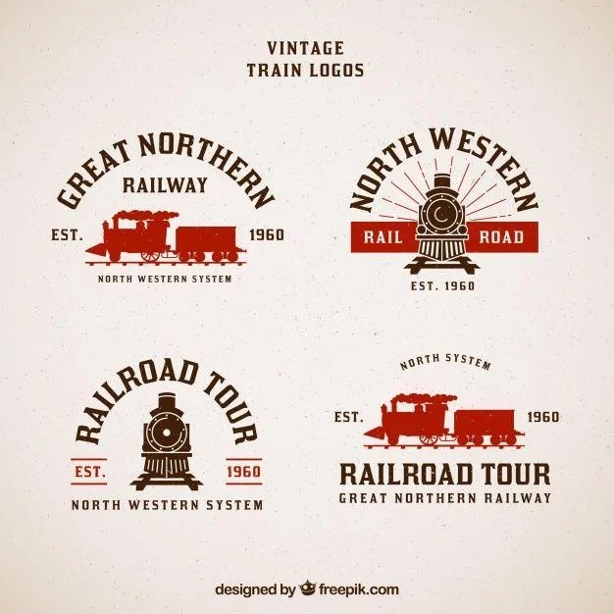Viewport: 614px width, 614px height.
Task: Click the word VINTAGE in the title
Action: (305, 47)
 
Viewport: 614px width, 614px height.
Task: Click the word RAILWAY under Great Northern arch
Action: (166, 183)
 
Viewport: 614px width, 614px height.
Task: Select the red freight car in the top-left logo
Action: (206, 240)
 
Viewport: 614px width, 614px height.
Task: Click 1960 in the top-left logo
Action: (267, 235)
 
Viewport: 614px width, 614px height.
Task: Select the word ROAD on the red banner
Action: (501, 236)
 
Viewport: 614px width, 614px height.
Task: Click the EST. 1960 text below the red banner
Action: (441, 286)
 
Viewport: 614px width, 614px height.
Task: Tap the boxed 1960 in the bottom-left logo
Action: (243, 472)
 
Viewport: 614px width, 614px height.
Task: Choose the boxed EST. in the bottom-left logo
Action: (90, 472)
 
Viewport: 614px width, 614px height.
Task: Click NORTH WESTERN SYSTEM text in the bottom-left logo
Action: (167, 505)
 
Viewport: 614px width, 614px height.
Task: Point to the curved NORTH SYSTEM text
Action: (445, 363)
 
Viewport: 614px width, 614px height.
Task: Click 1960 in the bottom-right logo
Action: (541, 417)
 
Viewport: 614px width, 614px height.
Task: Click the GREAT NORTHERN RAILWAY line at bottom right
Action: (445, 497)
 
